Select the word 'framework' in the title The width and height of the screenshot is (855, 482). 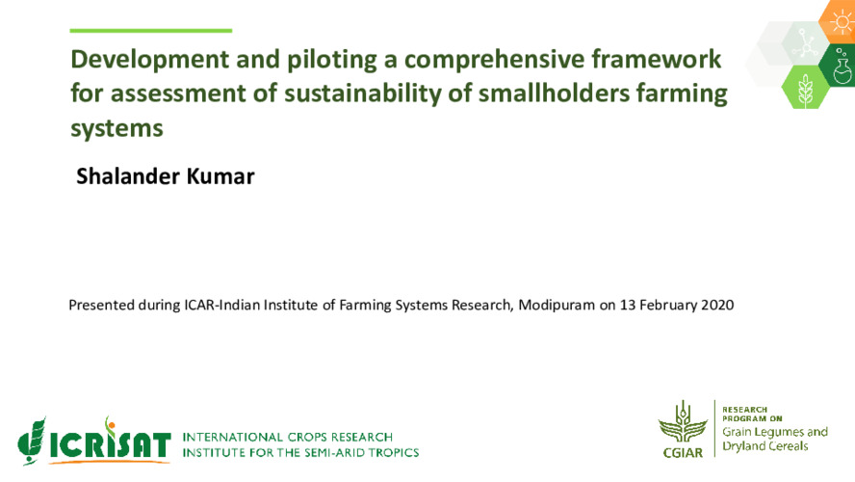point(663,60)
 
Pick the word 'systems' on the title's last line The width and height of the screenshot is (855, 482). point(117,127)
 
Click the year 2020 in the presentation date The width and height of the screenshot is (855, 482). point(716,306)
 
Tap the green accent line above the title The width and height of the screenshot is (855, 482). point(152,31)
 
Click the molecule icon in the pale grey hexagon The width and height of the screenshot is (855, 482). point(803,41)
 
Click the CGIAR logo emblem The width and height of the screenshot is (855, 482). point(683,429)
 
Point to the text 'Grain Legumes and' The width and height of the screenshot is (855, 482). point(775,432)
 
